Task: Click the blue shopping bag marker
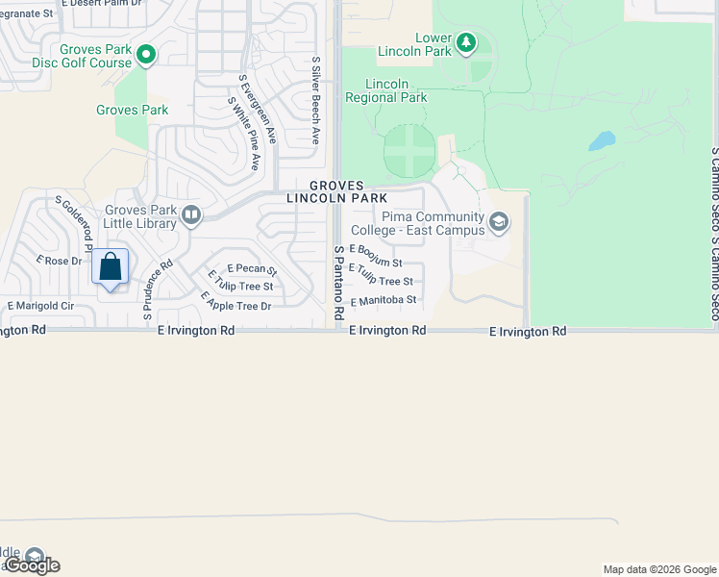click(x=111, y=267)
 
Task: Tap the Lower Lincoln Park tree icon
click(x=466, y=42)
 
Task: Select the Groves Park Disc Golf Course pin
click(x=145, y=55)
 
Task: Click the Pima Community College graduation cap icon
click(x=498, y=223)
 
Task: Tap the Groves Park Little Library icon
click(x=190, y=215)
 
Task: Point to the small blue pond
click(x=601, y=142)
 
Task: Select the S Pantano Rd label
click(x=338, y=282)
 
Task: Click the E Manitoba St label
click(x=384, y=300)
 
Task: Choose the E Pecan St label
click(x=252, y=270)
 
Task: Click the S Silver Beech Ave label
click(x=315, y=100)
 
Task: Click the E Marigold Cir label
click(x=41, y=306)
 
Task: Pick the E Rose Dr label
click(x=60, y=261)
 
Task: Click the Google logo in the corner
click(x=33, y=565)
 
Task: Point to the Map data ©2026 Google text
click(x=658, y=569)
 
